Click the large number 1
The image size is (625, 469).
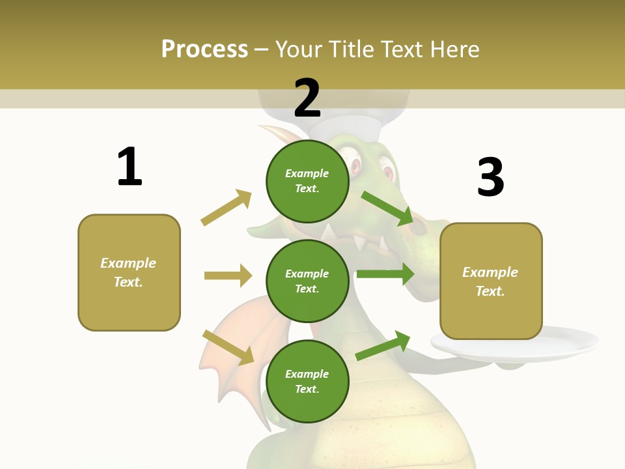coord(130,167)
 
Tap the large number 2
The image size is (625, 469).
coord(307,98)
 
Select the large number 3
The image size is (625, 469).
coord(490,177)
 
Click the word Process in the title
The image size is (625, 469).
coord(204,49)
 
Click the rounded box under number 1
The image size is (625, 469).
coord(129,272)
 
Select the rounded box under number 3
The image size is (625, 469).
coord(491,281)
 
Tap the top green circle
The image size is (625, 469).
coord(307,181)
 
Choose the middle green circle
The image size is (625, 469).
coord(307,281)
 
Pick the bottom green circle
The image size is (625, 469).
coord(307,382)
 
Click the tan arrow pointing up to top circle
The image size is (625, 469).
coord(227,207)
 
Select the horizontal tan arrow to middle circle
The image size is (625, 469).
coord(228,276)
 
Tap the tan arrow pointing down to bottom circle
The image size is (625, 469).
coord(229,347)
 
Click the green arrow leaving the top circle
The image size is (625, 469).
coord(387,208)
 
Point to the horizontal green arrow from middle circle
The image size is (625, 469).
coord(385,274)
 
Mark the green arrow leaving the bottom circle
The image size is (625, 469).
coord(383,346)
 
